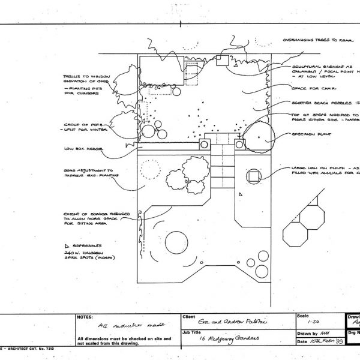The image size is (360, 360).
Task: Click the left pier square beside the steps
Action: [203, 143]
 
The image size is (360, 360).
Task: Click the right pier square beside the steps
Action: [239, 144]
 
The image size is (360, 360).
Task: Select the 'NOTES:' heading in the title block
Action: [86, 316]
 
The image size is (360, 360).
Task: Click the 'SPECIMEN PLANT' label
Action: [312, 135]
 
